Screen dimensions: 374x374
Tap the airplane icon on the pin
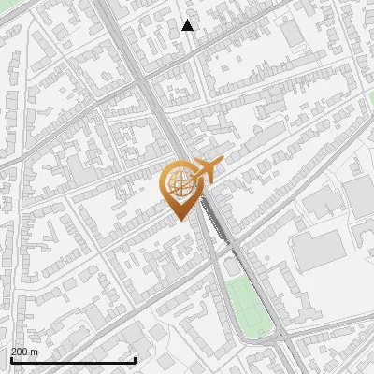[x=203, y=171]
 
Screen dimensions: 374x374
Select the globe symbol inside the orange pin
[x=180, y=184]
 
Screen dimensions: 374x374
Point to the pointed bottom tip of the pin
[x=180, y=219]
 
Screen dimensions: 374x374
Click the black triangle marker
[x=188, y=25]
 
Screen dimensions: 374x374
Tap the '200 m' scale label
[x=24, y=352]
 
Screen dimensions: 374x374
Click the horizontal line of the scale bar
[x=73, y=360]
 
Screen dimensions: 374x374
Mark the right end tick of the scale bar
[x=136, y=359]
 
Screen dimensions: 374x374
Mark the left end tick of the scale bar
[x=11, y=359]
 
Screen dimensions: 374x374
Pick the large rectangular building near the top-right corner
[x=293, y=33]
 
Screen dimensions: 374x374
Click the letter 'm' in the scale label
[x=35, y=352]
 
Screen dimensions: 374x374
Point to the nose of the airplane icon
[x=222, y=165]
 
